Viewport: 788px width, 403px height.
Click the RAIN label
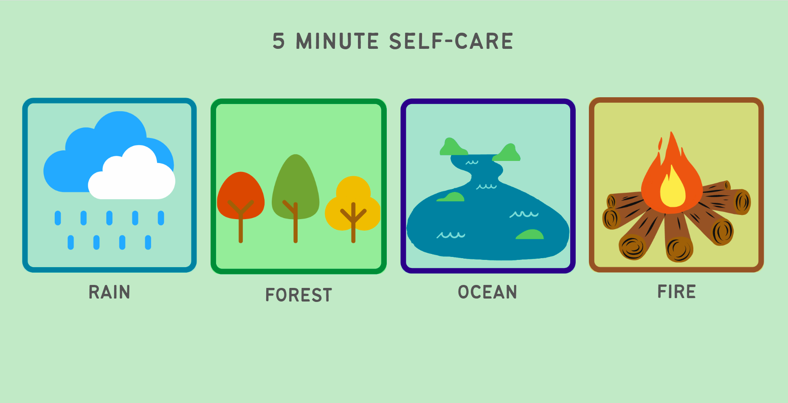[109, 292]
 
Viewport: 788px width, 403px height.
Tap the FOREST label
[298, 295]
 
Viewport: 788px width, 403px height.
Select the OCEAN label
[487, 292]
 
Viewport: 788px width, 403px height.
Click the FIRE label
[677, 292]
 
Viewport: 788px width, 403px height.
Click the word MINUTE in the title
[337, 41]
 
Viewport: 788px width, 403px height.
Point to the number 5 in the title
[279, 41]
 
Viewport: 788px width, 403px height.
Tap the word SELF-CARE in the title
[451, 41]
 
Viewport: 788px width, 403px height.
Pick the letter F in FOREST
[270, 295]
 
